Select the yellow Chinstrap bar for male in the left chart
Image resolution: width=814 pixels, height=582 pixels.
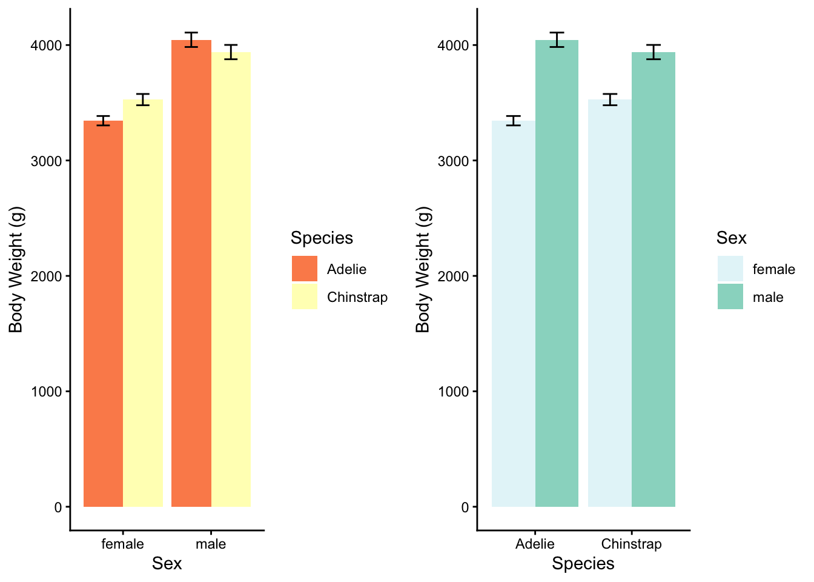point(231,279)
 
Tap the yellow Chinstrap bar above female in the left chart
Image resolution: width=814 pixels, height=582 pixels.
point(143,303)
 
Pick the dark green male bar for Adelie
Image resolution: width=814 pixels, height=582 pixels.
point(557,273)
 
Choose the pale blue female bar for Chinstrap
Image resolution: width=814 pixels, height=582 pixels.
point(609,303)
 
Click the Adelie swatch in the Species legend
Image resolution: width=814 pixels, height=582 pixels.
point(304,269)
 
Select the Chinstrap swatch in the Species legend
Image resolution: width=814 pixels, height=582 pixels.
point(304,297)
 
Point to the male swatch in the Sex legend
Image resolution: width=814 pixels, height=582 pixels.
point(730,297)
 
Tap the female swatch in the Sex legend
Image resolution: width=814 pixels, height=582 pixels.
point(730,269)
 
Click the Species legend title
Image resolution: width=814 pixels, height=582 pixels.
point(322,238)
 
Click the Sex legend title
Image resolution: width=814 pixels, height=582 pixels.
point(731,238)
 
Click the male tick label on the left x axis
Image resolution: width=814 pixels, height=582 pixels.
point(211,544)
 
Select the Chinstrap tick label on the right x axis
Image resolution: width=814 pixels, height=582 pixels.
point(631,544)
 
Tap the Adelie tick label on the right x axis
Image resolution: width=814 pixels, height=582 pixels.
point(535,544)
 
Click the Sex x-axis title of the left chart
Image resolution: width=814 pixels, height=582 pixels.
point(167,564)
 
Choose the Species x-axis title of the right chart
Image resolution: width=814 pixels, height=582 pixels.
point(583,564)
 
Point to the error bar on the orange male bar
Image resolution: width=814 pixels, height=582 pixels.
point(191,40)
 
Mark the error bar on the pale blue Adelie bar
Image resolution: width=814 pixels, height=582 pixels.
point(514,121)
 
